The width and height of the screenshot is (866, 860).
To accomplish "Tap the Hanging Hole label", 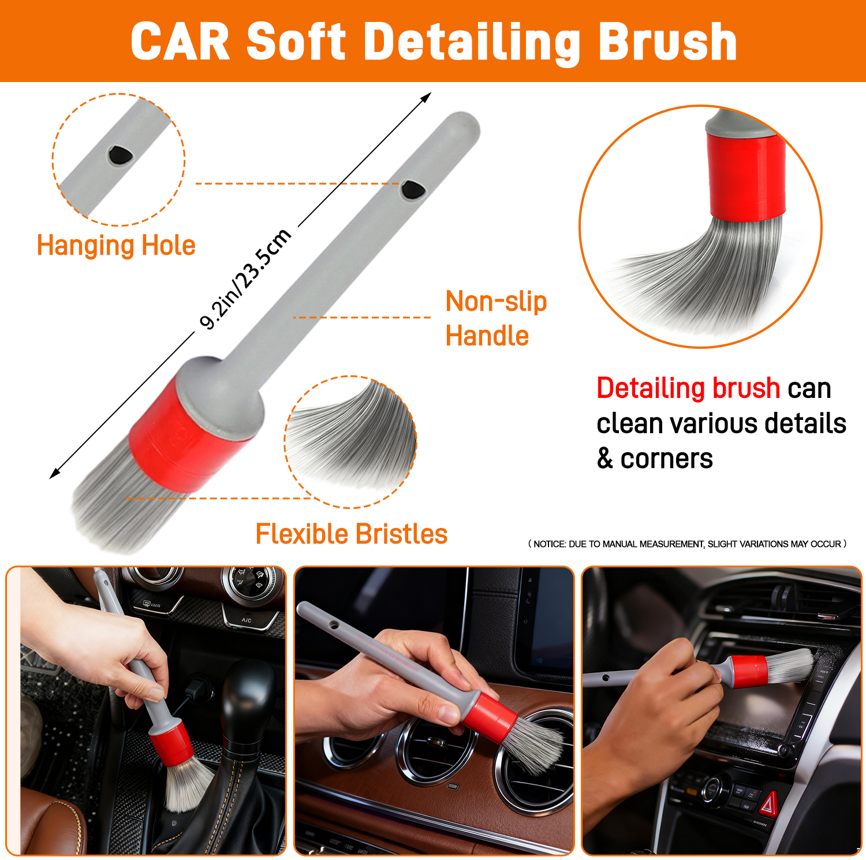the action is point(116,245).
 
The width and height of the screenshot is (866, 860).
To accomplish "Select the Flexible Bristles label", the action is point(352,534).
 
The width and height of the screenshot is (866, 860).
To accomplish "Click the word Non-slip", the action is point(496,301).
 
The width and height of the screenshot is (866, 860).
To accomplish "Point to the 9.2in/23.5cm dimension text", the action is point(245,278).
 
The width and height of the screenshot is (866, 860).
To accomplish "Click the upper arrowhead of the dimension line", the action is point(426,98).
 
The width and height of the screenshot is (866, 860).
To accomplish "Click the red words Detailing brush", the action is point(688,388).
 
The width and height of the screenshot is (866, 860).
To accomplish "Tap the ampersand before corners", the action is point(604,459).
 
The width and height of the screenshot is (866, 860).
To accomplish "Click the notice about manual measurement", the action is point(687,544).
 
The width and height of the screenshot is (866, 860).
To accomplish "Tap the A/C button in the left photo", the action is point(247,620).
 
